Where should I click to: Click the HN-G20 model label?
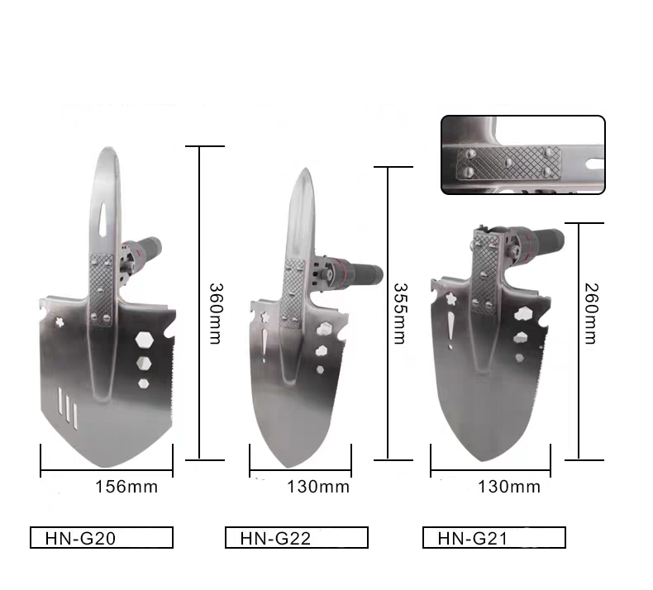point(102,538)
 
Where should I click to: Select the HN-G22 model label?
point(297,538)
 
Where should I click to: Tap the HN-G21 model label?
point(493,538)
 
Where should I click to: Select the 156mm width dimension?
point(126,487)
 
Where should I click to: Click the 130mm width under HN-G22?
point(317,487)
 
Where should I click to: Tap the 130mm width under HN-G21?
point(509,487)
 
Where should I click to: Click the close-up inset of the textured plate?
point(522,155)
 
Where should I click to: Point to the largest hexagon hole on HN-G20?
point(144,340)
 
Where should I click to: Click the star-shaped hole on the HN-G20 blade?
point(60,321)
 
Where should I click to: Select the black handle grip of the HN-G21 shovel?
point(546,240)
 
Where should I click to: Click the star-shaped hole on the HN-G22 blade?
point(266,316)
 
